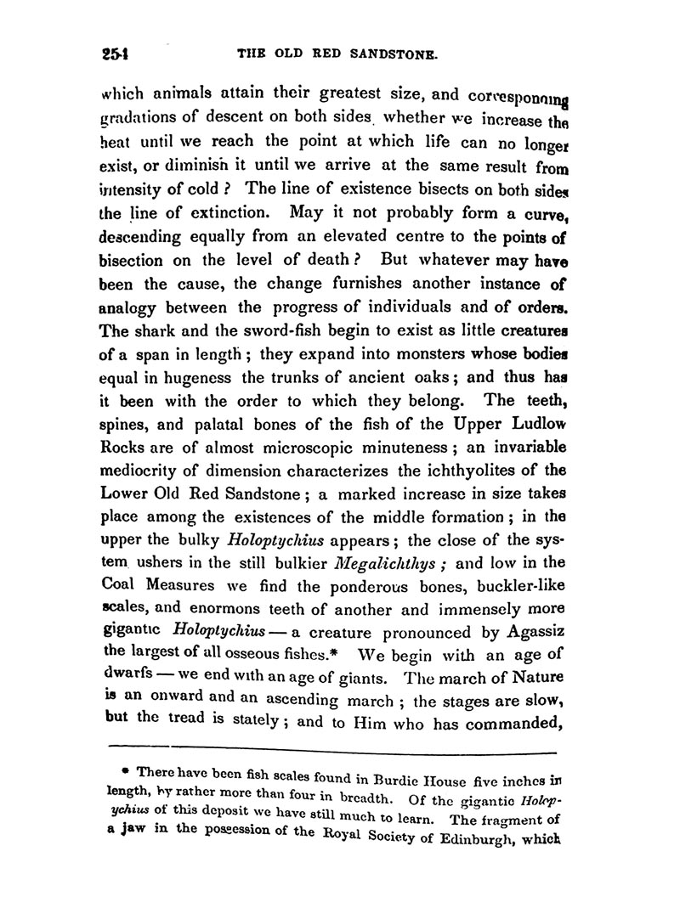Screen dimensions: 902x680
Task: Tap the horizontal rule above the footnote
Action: pyautogui.click(x=332, y=751)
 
